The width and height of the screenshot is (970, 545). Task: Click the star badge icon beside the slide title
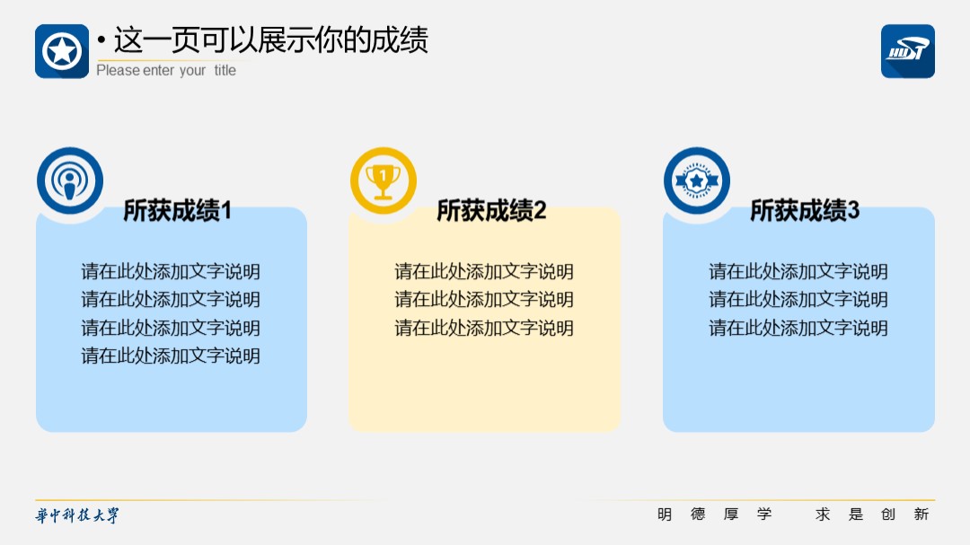tap(62, 51)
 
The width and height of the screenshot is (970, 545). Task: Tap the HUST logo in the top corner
tap(907, 51)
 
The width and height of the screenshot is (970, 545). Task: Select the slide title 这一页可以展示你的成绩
tap(271, 40)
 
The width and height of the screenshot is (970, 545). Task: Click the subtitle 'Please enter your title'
tap(166, 71)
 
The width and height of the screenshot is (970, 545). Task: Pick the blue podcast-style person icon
tap(70, 180)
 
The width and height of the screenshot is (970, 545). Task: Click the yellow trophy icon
tap(384, 180)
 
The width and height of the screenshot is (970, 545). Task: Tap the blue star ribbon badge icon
tap(697, 180)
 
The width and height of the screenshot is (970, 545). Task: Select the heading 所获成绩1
tap(178, 210)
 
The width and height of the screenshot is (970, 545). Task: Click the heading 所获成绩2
tap(491, 210)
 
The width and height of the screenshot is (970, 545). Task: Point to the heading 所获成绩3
tap(805, 210)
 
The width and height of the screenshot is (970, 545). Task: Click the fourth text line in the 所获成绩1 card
tap(171, 356)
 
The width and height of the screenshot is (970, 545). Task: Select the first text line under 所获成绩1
tap(171, 271)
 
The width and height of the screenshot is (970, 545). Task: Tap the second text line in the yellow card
tap(484, 299)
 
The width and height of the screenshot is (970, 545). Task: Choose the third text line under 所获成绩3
tap(798, 327)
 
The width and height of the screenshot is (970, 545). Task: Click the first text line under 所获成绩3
tap(798, 271)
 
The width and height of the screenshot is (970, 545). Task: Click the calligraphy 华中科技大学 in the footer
tap(77, 515)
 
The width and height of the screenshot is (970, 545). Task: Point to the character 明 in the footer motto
tap(665, 514)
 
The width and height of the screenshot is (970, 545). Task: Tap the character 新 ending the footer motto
tap(921, 514)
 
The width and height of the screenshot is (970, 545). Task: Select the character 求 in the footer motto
tap(822, 514)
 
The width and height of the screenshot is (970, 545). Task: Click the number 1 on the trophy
tap(384, 176)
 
